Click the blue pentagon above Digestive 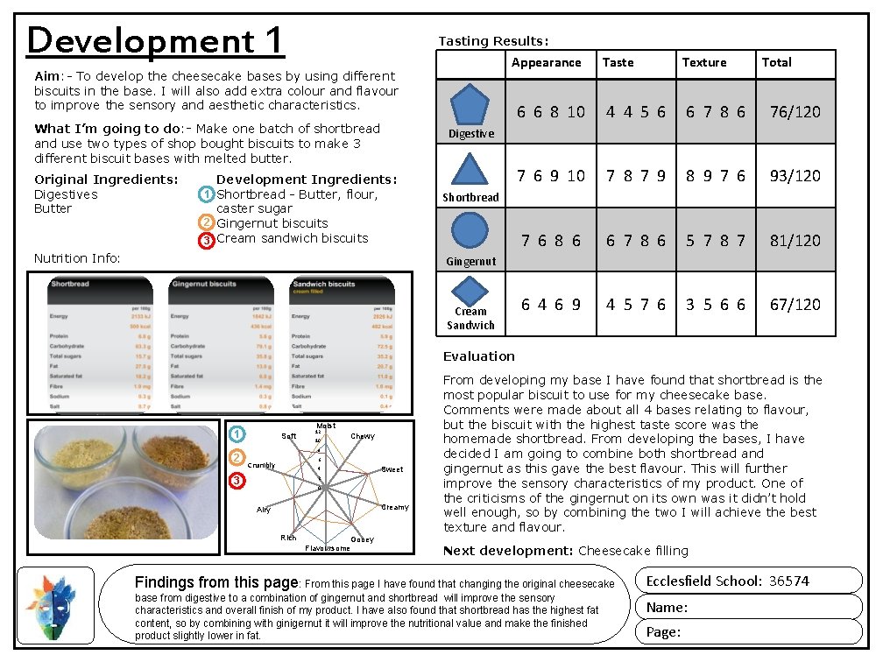pyautogui.click(x=471, y=105)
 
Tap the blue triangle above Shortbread pyautogui.click(x=470, y=170)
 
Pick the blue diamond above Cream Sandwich pyautogui.click(x=470, y=291)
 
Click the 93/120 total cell pyautogui.click(x=795, y=176)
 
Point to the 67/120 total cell pyautogui.click(x=795, y=305)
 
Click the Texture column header pyautogui.click(x=704, y=63)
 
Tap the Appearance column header pyautogui.click(x=546, y=63)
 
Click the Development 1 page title pyautogui.click(x=156, y=40)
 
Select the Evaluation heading pyautogui.click(x=479, y=356)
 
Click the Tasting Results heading pyautogui.click(x=493, y=41)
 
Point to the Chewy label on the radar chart pyautogui.click(x=363, y=436)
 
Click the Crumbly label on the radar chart pyautogui.click(x=261, y=466)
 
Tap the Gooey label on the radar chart pyautogui.click(x=362, y=539)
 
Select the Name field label pyautogui.click(x=667, y=608)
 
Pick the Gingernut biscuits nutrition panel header pyautogui.click(x=204, y=285)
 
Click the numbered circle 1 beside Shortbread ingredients pyautogui.click(x=206, y=194)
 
